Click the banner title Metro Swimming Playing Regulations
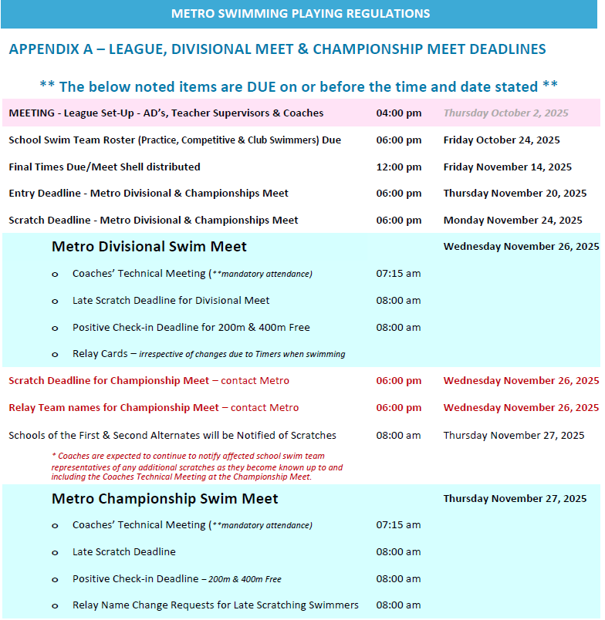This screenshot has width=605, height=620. point(300,14)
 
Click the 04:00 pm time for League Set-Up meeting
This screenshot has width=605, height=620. point(398,113)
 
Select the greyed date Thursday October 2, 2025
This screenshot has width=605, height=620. point(505,113)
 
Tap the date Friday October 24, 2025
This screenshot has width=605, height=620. point(502,140)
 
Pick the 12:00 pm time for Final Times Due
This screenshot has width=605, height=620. point(398,167)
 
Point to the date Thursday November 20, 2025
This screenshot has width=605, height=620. point(515,194)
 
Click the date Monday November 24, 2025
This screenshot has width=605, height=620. point(512,221)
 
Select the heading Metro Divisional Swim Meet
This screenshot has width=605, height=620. point(149,247)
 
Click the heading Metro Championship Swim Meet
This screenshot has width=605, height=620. point(164,499)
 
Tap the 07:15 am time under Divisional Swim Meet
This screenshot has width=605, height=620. point(398,274)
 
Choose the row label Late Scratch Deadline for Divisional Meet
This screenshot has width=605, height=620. point(171,301)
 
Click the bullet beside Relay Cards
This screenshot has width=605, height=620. point(55,355)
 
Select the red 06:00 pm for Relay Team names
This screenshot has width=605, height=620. point(398,408)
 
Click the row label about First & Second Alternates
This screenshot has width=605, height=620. point(172,436)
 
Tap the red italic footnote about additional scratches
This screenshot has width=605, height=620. point(197,467)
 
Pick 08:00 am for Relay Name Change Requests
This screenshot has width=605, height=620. point(398,605)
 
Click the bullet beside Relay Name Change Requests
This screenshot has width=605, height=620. point(55,606)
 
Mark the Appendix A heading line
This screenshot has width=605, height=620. point(277,49)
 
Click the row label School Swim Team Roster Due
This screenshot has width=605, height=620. point(174,140)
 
